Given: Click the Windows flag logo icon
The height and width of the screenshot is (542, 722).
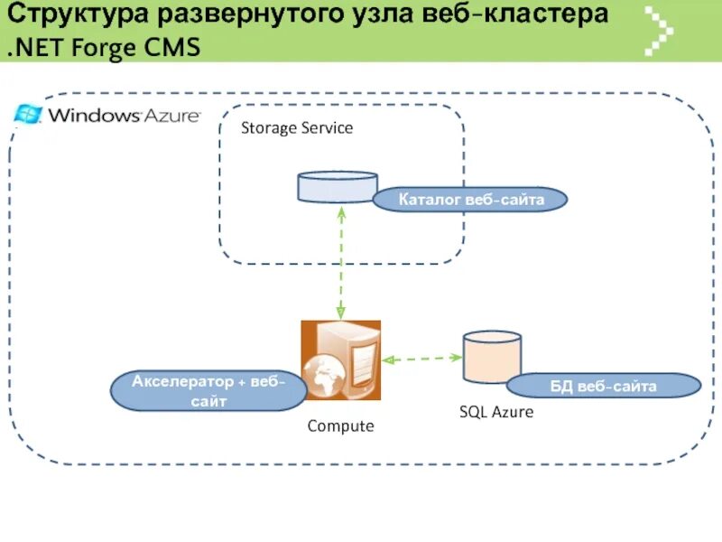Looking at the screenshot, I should (28, 114).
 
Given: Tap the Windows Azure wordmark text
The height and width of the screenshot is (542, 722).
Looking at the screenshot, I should (124, 116).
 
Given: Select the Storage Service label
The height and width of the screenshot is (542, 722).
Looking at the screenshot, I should (297, 128).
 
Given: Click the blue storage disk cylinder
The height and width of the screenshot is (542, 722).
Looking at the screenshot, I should (338, 187).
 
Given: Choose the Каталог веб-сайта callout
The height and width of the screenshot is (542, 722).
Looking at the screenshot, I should (471, 200).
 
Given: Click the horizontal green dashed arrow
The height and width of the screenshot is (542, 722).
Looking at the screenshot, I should (421, 359).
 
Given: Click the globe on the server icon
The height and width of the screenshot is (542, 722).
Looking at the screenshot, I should (321, 375).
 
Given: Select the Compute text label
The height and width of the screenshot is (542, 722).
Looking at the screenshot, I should (340, 425).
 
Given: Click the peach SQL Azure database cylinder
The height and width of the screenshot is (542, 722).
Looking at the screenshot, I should (492, 357).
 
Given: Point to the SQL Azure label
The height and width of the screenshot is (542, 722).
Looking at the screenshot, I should (496, 412).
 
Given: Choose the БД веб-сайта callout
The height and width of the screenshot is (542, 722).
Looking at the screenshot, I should (604, 388).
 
